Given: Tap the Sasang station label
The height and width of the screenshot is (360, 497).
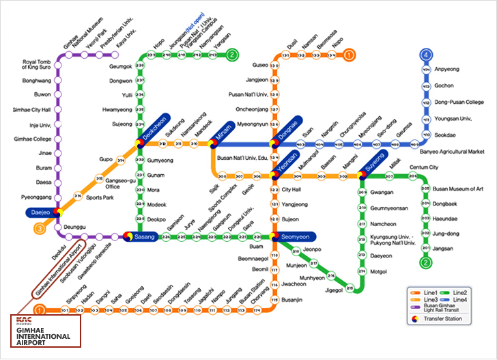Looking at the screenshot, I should click(146, 237).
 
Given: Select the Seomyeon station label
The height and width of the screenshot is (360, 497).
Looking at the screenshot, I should click(294, 236).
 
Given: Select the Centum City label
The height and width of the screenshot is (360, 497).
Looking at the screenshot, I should click(423, 167).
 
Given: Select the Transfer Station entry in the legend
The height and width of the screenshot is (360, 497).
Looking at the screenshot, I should click(442, 319).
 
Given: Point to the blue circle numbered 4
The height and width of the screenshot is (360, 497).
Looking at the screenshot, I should click(426, 55).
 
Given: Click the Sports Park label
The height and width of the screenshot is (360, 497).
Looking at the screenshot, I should click(99, 197).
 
